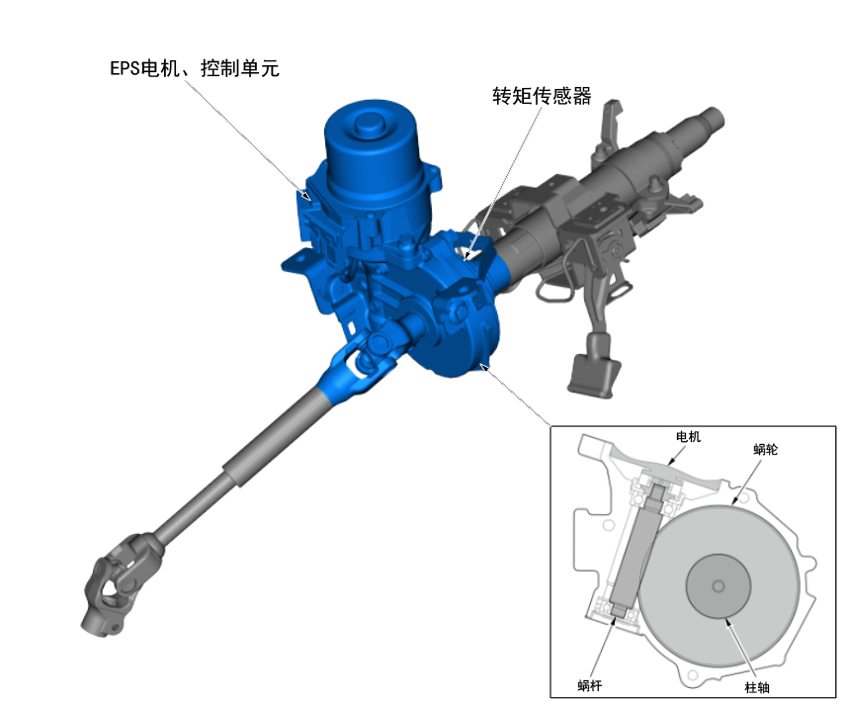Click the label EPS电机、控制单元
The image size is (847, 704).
tap(195, 68)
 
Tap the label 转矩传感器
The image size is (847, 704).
tap(542, 96)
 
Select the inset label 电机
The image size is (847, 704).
tap(688, 436)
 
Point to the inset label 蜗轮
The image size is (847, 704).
tap(765, 449)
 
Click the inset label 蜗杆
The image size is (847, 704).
tap(589, 685)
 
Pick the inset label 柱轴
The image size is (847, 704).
tap(757, 687)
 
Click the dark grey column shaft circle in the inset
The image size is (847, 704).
tap(719, 586)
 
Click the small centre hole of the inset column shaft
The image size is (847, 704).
tap(719, 586)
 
